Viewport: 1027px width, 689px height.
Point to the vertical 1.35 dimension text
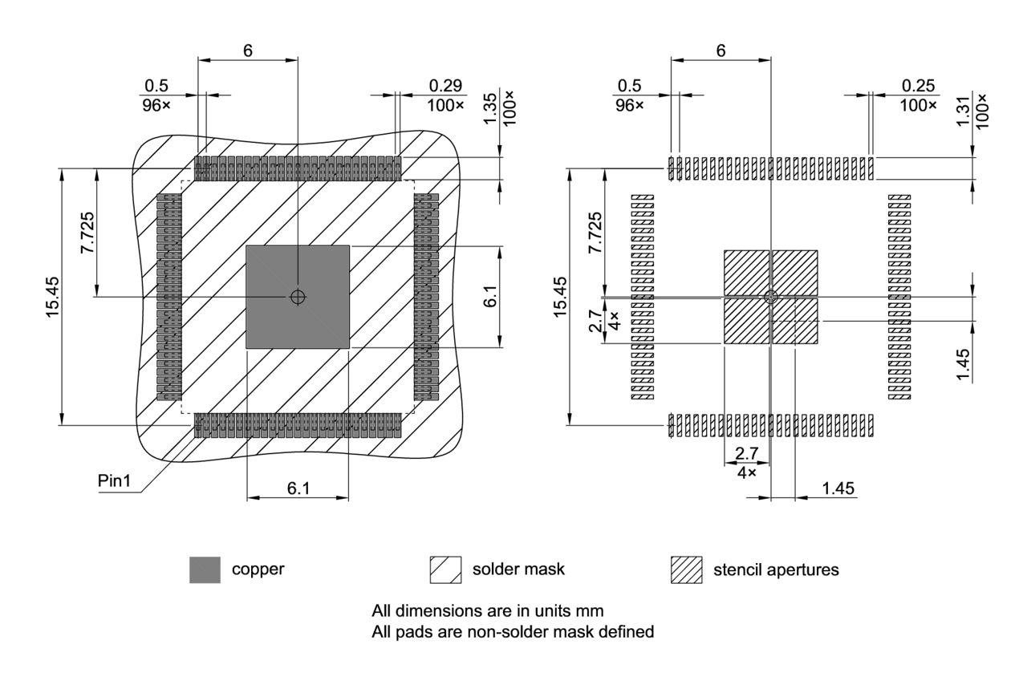pos(490,108)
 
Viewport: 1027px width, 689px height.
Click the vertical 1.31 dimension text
pos(964,108)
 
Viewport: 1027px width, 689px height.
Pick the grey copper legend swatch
pos(205,570)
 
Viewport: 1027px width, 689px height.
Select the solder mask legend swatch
pos(445,570)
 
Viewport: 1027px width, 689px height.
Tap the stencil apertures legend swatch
pos(686,570)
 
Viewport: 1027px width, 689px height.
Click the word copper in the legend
pos(258,570)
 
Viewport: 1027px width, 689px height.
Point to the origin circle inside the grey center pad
pos(298,297)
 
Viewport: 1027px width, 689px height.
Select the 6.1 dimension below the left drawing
pos(298,488)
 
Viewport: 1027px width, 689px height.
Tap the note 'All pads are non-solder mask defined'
pos(513,632)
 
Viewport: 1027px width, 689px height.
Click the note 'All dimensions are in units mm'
pos(488,610)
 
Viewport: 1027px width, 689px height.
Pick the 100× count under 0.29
pos(447,105)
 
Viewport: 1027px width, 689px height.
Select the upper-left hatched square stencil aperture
pos(746,273)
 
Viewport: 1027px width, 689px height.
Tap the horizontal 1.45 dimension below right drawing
pos(837,488)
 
